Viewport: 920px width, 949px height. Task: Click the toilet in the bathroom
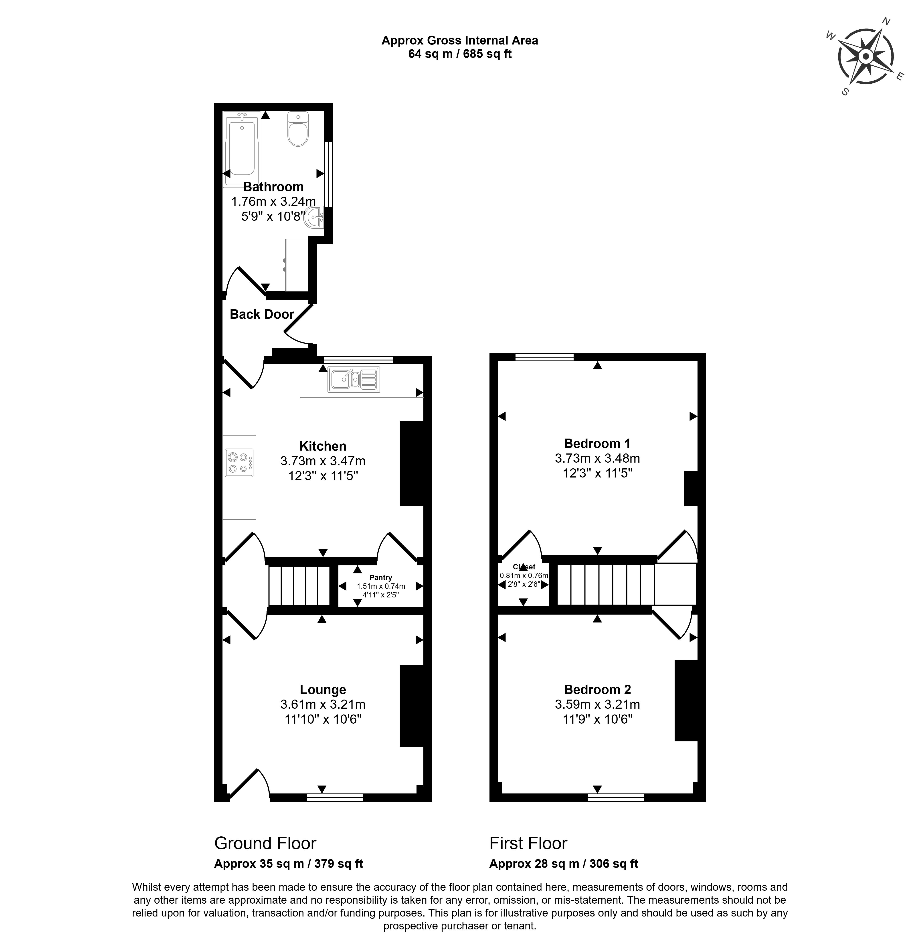point(298,130)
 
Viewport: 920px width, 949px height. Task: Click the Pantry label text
point(381,577)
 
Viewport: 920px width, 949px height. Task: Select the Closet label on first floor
point(524,567)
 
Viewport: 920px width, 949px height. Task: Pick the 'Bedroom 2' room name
point(597,690)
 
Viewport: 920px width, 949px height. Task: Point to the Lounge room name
point(322,690)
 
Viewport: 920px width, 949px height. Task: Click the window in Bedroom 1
point(544,357)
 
